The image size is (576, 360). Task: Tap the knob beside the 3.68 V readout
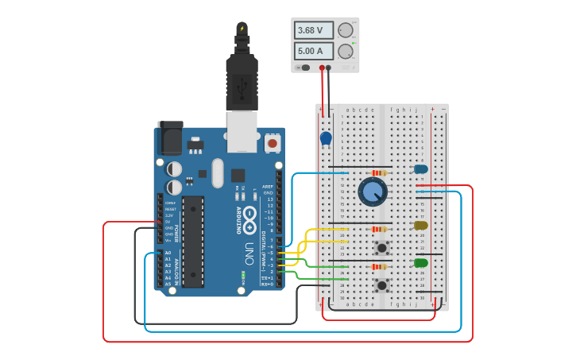coord(346,31)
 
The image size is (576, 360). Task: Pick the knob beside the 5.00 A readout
coord(346,52)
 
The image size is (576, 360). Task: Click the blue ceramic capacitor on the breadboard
coord(326,138)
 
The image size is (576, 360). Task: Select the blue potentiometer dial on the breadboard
coord(373,192)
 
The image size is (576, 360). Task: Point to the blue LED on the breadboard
coord(420,168)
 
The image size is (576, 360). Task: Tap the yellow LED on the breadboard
coord(420,226)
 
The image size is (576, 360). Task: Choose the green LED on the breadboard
coord(420,262)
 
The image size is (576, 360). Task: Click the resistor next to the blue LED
coord(381,172)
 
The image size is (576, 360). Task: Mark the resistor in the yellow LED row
coord(381,229)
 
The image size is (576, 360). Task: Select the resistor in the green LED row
coord(381,266)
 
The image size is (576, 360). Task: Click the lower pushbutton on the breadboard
coord(382,284)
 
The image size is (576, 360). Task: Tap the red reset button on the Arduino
coord(273,144)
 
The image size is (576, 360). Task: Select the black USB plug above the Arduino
coord(242,79)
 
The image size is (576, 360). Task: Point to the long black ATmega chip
coord(194,240)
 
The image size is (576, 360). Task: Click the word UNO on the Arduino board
coord(249,254)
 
